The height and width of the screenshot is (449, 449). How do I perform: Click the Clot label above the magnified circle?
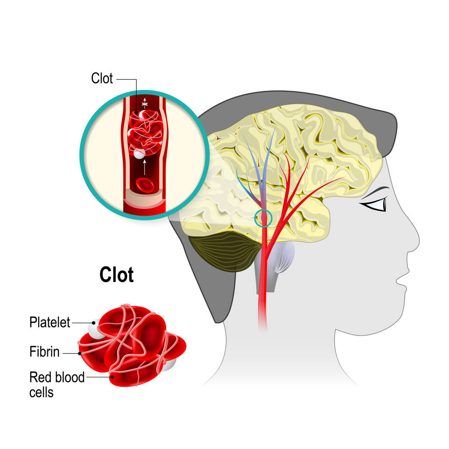(102, 78)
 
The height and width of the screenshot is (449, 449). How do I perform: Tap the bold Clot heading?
(116, 275)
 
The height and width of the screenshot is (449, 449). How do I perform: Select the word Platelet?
(50, 323)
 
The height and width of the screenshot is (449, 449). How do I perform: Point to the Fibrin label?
(44, 352)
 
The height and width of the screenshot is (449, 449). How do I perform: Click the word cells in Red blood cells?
(41, 392)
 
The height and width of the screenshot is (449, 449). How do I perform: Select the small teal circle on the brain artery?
(264, 218)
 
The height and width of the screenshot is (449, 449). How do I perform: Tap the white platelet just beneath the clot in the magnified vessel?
(139, 153)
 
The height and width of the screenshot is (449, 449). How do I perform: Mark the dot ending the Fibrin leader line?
(79, 352)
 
